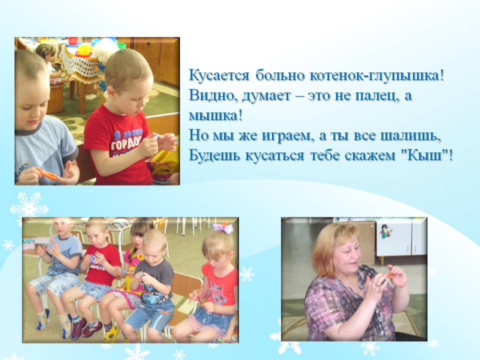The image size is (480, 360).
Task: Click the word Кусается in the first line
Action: [219, 75]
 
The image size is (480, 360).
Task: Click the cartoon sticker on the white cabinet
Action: [385, 231]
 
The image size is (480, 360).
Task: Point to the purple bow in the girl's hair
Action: [222, 227]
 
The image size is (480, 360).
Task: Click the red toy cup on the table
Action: [73, 40]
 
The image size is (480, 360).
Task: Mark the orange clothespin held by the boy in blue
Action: [46, 173]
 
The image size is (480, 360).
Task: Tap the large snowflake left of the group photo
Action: [29, 207]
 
